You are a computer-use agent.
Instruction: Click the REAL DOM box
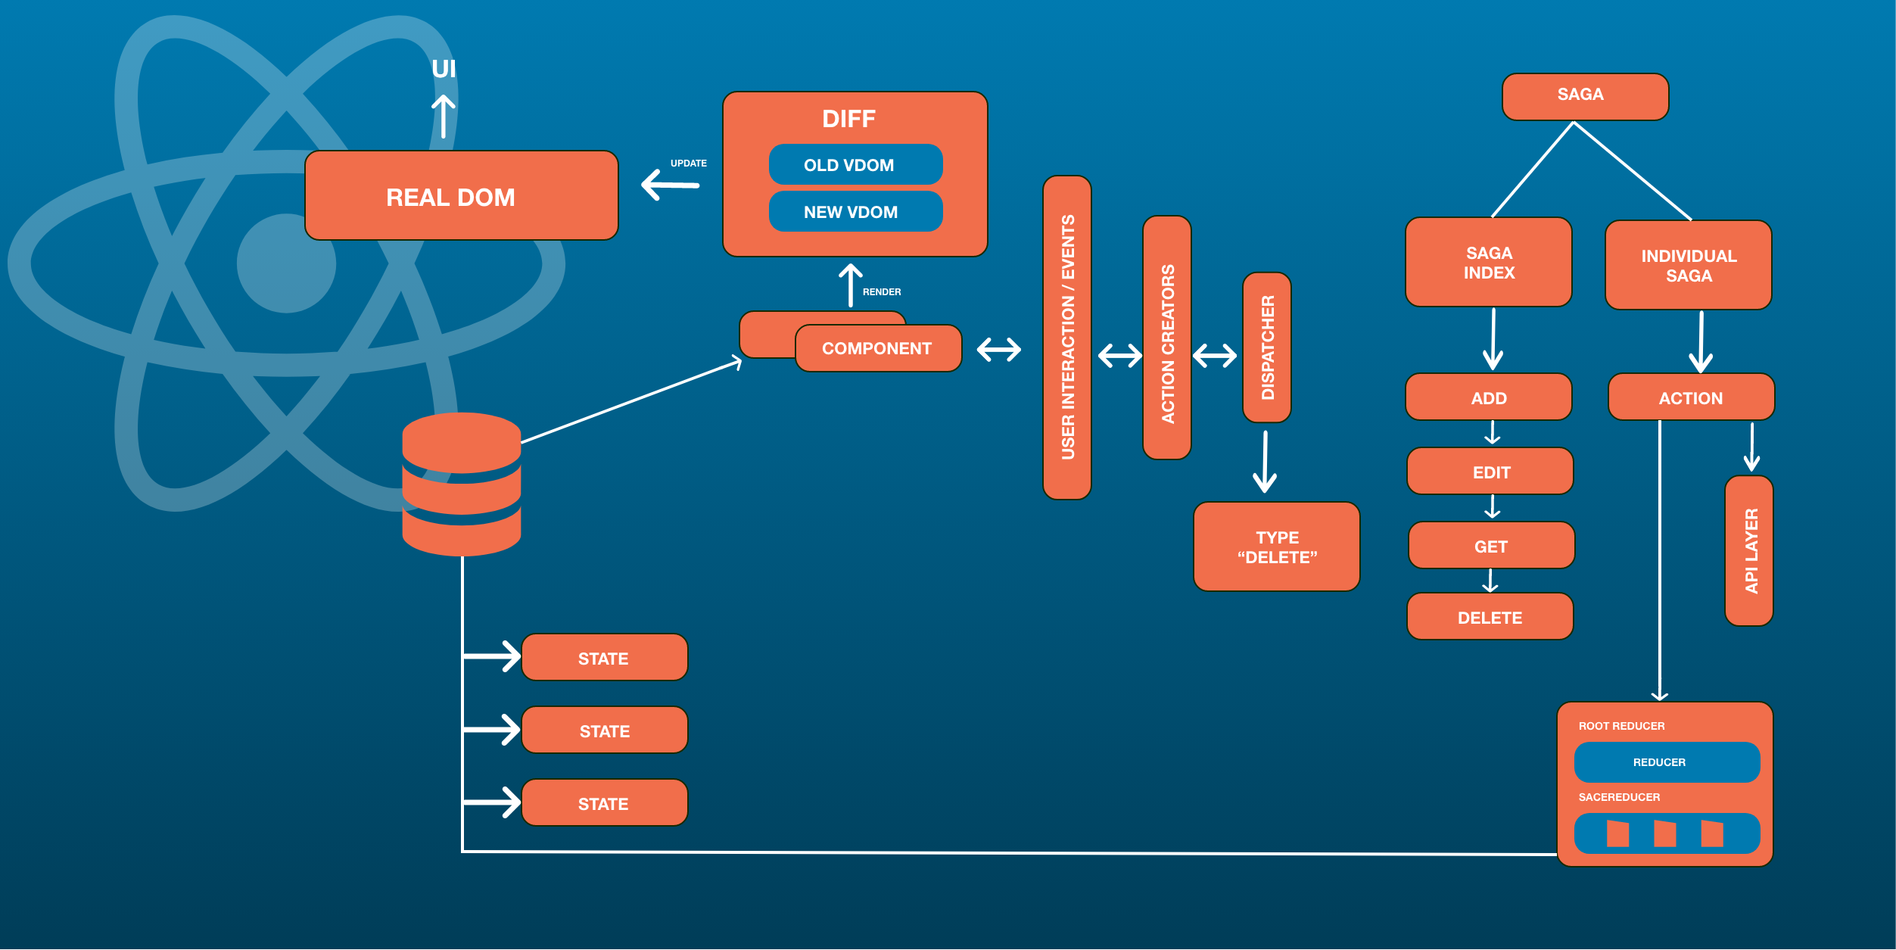click(x=461, y=196)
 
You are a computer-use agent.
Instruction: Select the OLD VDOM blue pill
click(x=855, y=164)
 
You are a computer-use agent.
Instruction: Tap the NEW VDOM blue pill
click(x=855, y=211)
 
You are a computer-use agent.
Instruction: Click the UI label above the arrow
click(x=444, y=69)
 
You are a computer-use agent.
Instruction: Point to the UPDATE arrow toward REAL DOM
click(x=671, y=184)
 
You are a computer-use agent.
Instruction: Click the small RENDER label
click(x=882, y=291)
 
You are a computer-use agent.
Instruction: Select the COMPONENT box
click(x=878, y=348)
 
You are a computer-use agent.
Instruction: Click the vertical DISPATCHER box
click(x=1266, y=347)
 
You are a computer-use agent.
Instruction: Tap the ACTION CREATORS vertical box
click(x=1166, y=338)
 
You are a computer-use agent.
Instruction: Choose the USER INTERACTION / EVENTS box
click(x=1066, y=338)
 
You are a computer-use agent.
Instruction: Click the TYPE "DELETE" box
click(x=1276, y=547)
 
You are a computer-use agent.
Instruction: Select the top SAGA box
click(x=1585, y=96)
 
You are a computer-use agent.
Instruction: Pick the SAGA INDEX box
click(x=1488, y=262)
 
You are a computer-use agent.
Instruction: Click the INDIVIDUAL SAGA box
click(x=1688, y=265)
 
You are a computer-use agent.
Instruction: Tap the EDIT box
click(x=1490, y=472)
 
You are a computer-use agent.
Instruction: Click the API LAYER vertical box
click(x=1748, y=550)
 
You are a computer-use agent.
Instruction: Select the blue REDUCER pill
click(x=1667, y=762)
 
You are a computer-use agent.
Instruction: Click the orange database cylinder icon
click(x=461, y=484)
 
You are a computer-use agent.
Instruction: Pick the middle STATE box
click(x=604, y=730)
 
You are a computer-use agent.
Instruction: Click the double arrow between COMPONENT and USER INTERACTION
click(x=998, y=350)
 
